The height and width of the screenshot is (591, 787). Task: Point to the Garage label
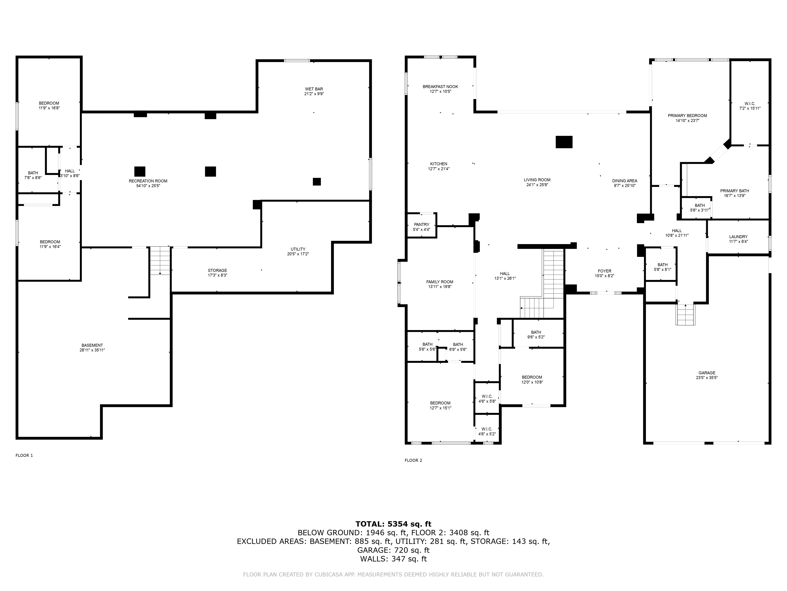point(707,373)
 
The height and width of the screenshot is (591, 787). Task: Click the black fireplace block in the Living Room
point(564,142)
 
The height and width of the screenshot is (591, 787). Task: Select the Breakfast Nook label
point(440,86)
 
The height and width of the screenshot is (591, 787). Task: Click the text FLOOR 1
point(24,455)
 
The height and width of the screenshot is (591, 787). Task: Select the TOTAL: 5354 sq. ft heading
point(393,524)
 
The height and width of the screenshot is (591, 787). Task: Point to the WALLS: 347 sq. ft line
point(393,559)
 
